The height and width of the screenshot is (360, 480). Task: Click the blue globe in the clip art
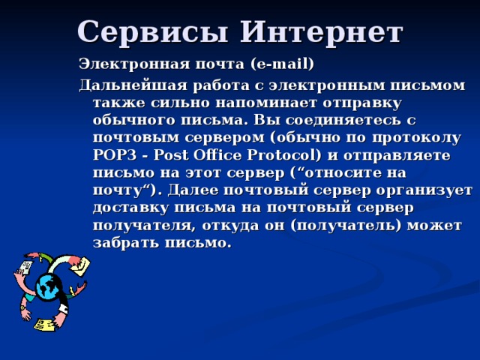point(49,286)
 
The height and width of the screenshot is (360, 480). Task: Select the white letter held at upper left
point(25,268)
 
